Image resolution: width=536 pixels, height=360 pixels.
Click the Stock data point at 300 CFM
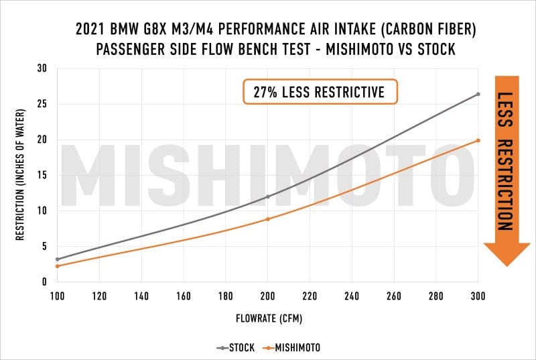pos(478,94)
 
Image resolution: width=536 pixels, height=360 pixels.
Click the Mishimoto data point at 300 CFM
pos(478,140)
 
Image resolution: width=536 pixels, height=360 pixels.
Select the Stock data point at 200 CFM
pos(268,196)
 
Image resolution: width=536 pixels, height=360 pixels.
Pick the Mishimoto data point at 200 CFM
pos(268,219)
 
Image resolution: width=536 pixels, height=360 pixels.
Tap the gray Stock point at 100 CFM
pos(58,259)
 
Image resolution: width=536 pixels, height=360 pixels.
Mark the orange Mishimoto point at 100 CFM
pos(58,266)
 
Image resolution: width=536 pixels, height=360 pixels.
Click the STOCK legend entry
pos(234,348)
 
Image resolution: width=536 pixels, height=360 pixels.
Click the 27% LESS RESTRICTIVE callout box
pos(320,92)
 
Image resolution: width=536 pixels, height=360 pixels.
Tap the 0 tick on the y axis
pos(44,282)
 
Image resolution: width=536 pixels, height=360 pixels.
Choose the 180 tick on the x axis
pos(226,296)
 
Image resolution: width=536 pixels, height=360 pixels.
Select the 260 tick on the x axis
pos(394,296)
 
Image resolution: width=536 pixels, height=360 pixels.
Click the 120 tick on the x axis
pos(100,296)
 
